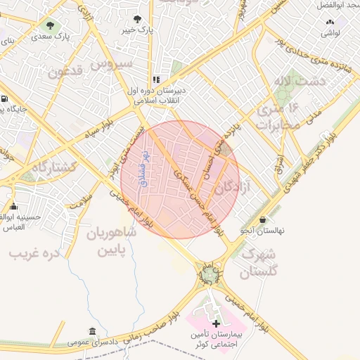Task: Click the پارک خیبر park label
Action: pos(136,30)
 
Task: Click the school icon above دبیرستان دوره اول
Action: pos(156,80)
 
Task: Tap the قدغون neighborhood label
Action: pos(67,71)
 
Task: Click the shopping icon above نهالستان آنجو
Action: pos(262,219)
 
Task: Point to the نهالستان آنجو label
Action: pos(262,231)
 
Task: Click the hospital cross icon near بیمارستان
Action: pos(216,323)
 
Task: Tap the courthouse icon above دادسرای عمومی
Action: pos(92,331)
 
